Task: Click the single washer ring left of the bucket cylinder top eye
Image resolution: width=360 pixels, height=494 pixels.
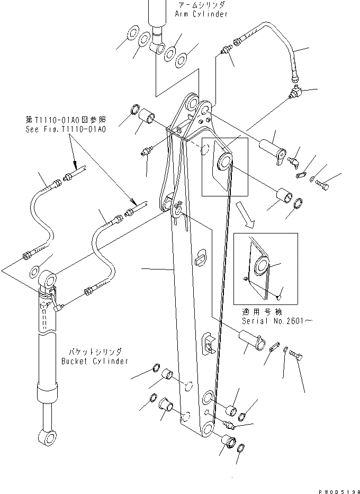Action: coord(34,272)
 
